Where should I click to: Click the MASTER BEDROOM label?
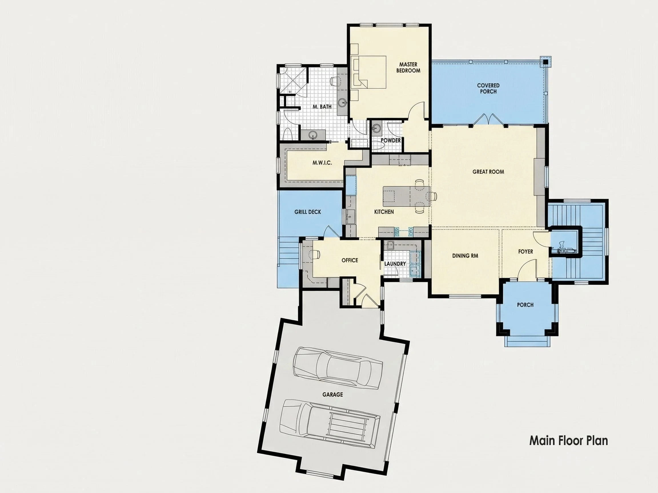408,67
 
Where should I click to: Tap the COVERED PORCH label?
488,88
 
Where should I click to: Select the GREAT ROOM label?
488,172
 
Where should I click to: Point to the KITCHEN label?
384,212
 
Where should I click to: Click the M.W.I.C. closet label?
322,163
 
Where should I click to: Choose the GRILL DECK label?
308,212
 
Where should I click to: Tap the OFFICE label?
350,260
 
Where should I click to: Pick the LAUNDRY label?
395,264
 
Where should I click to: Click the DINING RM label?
465,256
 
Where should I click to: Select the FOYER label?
525,252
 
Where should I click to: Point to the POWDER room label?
391,141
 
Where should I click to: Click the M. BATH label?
322,107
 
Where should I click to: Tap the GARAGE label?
332,395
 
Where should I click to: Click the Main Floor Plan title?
568,441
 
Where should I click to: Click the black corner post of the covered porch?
545,62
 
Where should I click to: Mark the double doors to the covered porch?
488,119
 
